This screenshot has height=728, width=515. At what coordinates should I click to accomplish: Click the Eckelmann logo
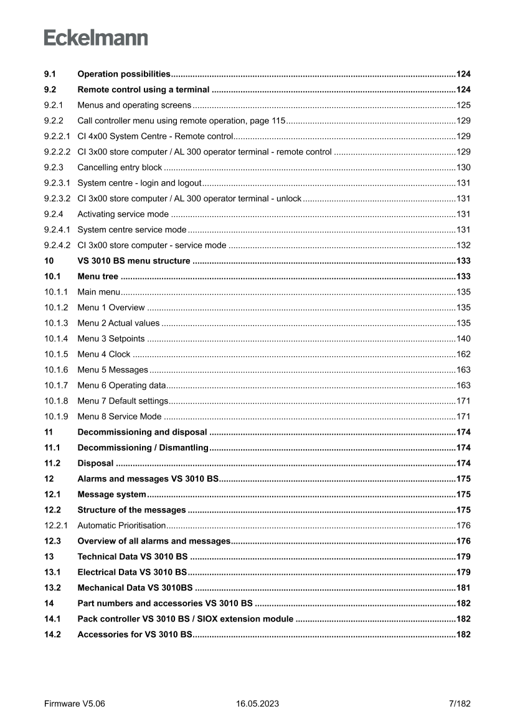[96, 38]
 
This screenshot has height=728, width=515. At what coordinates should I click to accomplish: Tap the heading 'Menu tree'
[98, 277]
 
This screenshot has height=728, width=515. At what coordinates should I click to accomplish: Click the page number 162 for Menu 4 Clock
[463, 354]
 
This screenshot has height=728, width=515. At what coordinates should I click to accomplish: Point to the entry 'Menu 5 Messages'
[113, 370]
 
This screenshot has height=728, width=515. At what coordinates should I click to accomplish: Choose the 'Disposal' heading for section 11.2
[95, 463]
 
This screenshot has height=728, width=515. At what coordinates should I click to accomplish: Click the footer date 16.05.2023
[257, 704]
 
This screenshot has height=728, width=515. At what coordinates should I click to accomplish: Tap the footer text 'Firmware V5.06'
[75, 704]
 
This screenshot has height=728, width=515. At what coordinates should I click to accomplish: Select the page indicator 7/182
[460, 704]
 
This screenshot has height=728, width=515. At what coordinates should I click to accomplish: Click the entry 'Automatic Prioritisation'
[121, 526]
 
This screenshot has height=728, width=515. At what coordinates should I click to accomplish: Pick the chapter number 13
[49, 557]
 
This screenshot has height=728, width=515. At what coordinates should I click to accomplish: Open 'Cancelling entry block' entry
[120, 168]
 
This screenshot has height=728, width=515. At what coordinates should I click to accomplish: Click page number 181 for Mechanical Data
[463, 588]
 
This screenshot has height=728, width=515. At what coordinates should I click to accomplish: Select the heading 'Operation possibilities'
[124, 74]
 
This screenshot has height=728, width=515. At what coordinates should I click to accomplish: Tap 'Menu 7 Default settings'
[123, 401]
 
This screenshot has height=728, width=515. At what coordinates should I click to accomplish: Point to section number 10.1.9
[55, 417]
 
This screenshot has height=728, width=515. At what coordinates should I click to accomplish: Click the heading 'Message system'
[111, 494]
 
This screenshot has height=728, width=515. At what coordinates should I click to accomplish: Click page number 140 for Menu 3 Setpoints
[463, 339]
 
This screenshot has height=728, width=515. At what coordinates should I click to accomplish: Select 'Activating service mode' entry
[123, 214]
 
